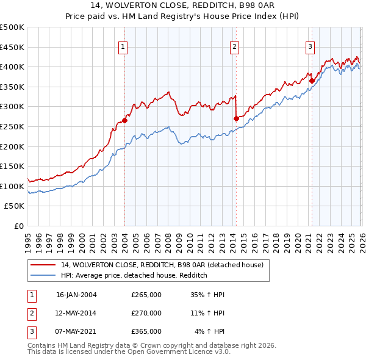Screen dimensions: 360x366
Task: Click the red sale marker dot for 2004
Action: tap(124, 120)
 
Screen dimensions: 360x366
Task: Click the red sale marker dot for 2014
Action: tap(235, 118)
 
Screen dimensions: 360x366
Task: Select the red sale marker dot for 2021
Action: tap(311, 80)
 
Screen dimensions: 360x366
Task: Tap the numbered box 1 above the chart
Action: tap(123, 46)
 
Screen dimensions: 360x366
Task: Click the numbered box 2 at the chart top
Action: tap(234, 46)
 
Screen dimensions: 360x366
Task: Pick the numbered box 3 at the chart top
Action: tap(310, 46)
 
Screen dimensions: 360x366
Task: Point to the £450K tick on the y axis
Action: tap(12, 47)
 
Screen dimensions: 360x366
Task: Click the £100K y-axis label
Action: tap(12, 186)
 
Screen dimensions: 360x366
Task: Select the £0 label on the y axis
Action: tap(18, 226)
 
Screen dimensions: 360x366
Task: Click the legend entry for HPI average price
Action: tap(134, 276)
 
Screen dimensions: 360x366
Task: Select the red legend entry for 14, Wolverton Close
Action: tap(162, 265)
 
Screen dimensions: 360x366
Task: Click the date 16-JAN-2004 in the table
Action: tap(76, 295)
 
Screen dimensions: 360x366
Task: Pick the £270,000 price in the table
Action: tap(146, 313)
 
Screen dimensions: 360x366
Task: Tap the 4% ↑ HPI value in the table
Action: tap(210, 331)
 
